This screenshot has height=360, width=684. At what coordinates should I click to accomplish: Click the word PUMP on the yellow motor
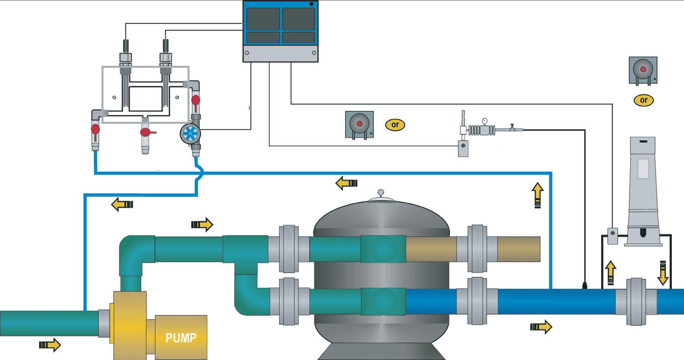pyautogui.click(x=181, y=338)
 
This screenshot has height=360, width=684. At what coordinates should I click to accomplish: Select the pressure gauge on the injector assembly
pyautogui.click(x=484, y=121)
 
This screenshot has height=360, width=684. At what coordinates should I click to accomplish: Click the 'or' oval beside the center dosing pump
pyautogui.click(x=395, y=125)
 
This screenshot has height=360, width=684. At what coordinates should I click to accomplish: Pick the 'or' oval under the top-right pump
pyautogui.click(x=643, y=100)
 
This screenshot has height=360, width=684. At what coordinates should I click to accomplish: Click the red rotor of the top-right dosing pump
pyautogui.click(x=643, y=69)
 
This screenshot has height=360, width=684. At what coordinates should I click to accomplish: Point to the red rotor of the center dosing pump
pyautogui.click(x=359, y=123)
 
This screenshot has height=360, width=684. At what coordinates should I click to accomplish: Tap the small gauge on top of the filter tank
pyautogui.click(x=380, y=192)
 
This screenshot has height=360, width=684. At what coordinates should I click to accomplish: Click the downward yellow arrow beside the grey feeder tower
pyautogui.click(x=662, y=272)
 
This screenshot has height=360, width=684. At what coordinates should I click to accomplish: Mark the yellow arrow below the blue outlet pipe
pyautogui.click(x=541, y=326)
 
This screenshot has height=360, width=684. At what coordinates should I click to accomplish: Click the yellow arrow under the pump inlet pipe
pyautogui.click(x=50, y=345)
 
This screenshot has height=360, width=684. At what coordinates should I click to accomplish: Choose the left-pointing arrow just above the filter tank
pyautogui.click(x=346, y=183)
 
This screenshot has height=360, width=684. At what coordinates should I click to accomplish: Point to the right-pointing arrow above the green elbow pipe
pyautogui.click(x=202, y=224)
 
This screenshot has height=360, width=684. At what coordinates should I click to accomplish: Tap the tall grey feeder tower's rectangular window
pyautogui.click(x=643, y=168)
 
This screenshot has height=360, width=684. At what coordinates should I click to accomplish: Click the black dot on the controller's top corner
pyautogui.click(x=311, y=4)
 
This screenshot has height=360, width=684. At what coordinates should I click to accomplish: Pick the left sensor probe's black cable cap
pyautogui.click(x=125, y=45)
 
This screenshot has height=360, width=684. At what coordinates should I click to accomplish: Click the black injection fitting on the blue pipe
pyautogui.click(x=585, y=286)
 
